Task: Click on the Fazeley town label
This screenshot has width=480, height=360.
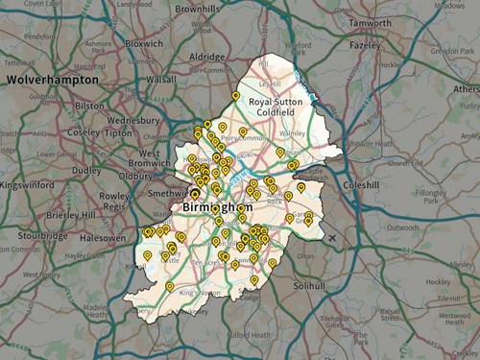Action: tap(364, 45)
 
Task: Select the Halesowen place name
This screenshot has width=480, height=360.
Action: tap(105, 237)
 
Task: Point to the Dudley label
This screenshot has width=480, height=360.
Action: tap(87, 170)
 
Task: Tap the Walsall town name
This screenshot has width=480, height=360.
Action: tap(158, 80)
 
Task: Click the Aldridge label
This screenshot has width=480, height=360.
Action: tap(206, 58)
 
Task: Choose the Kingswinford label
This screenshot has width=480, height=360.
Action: tap(25, 183)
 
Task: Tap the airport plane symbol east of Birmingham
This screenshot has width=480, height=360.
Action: tap(332, 237)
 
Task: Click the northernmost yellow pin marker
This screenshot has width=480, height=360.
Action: tap(235, 95)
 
